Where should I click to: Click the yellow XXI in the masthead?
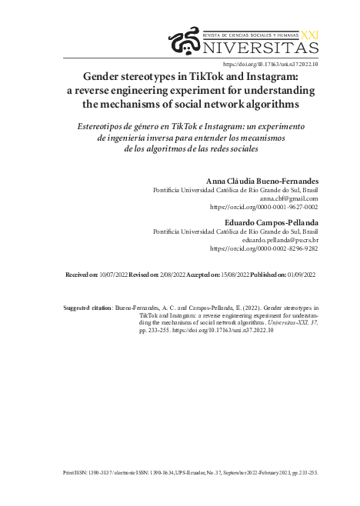click(308, 35)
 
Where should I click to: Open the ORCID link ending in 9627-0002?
click(264, 207)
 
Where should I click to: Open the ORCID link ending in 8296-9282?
click(264, 248)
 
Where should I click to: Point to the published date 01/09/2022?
click(300, 274)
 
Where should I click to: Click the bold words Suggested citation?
click(87, 307)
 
